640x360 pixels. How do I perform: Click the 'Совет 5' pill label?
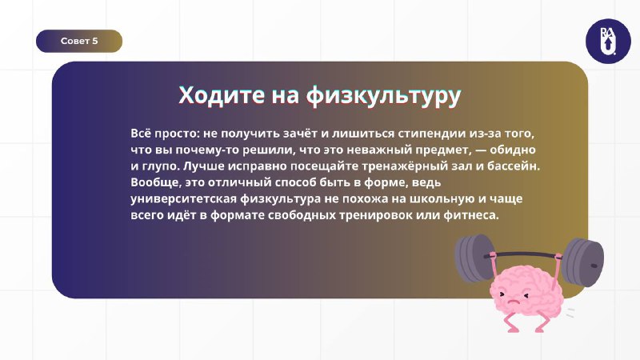coord(79,41)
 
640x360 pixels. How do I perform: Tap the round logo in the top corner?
coord(608,42)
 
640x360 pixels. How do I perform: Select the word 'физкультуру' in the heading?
coord(384,96)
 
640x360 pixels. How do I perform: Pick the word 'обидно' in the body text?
coord(513,150)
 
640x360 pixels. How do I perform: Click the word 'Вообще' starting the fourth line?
coord(156,182)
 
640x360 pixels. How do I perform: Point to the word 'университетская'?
coord(184,198)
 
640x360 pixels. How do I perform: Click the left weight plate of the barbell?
coord(474,258)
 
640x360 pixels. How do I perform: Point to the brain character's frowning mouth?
coord(513,303)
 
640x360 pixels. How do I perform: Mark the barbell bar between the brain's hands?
coord(526,255)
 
